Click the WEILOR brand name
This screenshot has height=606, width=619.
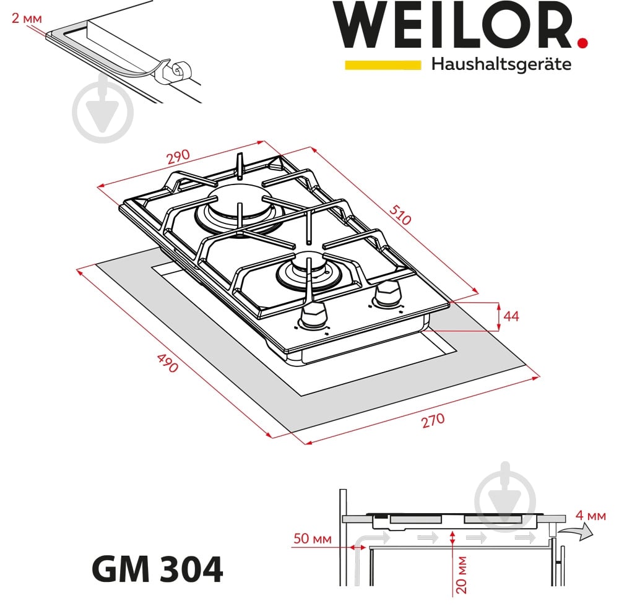(455, 26)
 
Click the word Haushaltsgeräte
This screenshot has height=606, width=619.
(501, 64)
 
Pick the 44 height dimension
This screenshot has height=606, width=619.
(511, 316)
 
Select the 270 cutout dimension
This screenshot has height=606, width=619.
(433, 420)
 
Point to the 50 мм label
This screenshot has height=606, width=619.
(309, 539)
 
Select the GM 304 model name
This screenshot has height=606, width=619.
(157, 569)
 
